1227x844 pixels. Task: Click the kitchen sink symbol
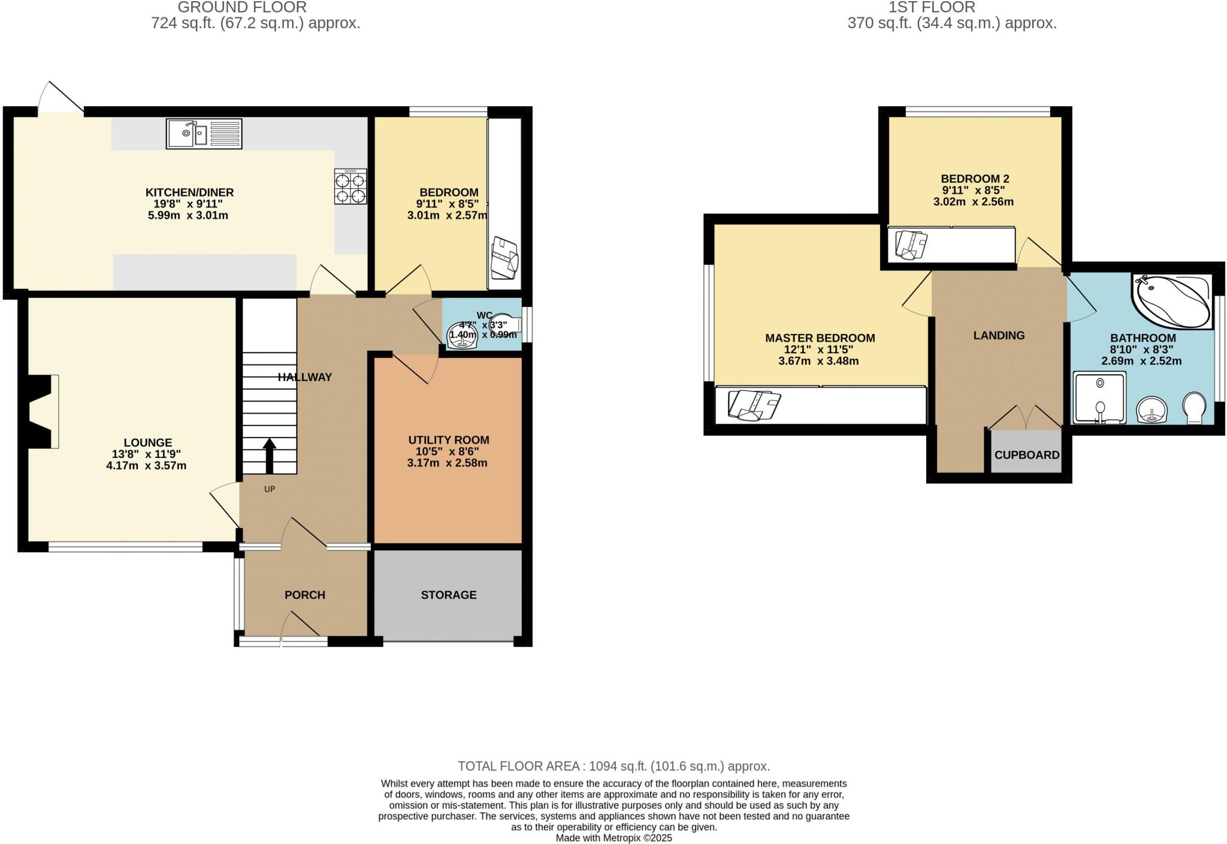(204, 134)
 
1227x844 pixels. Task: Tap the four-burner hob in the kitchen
(350, 187)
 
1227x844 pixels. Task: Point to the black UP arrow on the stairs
(270, 456)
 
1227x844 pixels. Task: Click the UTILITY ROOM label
(448, 440)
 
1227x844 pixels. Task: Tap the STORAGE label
(448, 595)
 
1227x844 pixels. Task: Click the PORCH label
(304, 595)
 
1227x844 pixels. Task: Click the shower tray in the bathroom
(1099, 397)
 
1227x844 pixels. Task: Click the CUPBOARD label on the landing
(1027, 455)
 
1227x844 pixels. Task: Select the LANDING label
(999, 336)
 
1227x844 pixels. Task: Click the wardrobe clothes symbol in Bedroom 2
(911, 245)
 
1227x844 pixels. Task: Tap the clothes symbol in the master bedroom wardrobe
(754, 405)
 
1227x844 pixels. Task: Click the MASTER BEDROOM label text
(820, 338)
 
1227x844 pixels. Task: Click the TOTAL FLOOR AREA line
(613, 766)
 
